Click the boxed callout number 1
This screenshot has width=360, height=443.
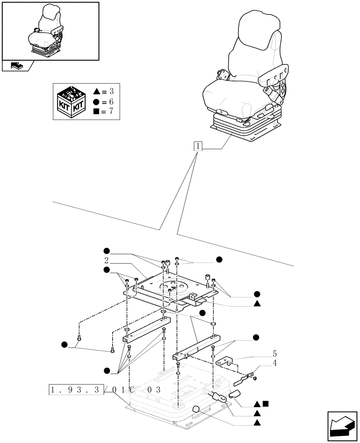(198, 147)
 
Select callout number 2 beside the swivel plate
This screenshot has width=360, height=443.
(107, 260)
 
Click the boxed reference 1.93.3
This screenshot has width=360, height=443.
(75, 390)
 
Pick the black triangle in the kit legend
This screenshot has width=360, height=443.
(97, 92)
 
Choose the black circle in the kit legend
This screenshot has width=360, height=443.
(97, 101)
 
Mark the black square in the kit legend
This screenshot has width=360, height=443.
(97, 111)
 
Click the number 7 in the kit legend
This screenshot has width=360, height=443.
(111, 111)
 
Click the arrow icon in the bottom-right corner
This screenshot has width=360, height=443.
(341, 426)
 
